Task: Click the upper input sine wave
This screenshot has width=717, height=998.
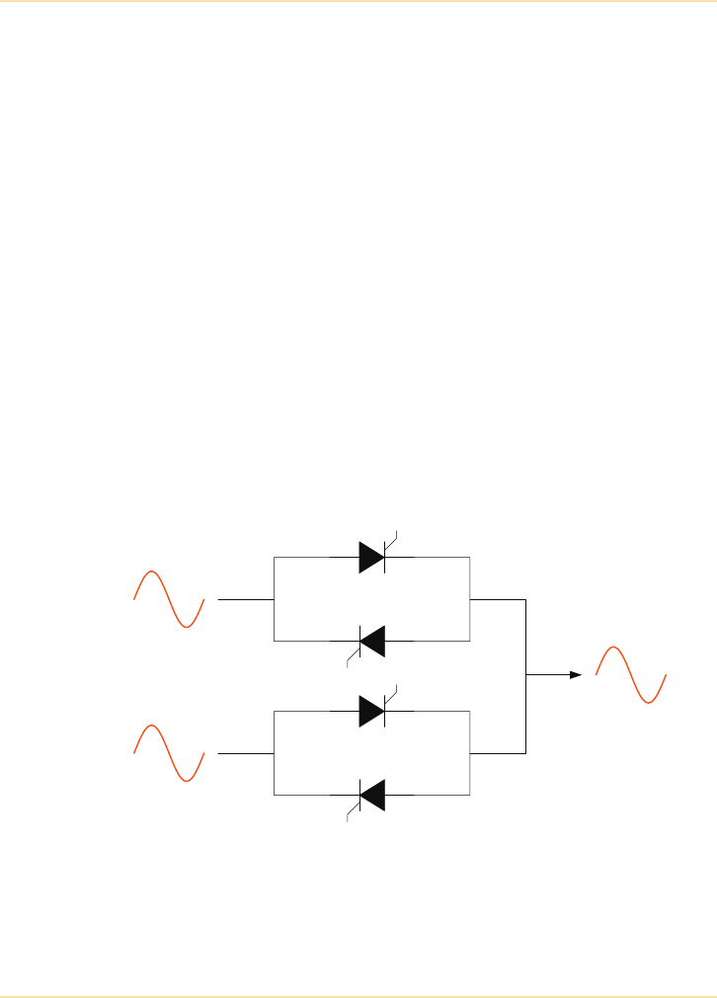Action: coord(169,599)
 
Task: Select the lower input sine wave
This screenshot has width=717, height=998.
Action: coord(169,753)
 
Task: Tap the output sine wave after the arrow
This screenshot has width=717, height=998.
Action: coord(631,674)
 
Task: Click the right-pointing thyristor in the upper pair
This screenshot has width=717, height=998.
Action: coord(371,558)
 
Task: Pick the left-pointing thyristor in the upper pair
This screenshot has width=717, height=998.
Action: coord(371,641)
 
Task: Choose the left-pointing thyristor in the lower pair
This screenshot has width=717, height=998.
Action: coord(371,794)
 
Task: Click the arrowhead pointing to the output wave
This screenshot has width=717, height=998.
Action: coord(575,675)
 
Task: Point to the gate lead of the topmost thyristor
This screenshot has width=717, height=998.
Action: coord(391,539)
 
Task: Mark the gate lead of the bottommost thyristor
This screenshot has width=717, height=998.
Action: coord(352,811)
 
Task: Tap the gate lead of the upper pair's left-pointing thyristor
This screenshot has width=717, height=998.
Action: coord(352,658)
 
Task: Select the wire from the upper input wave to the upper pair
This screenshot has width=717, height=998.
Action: coord(244,599)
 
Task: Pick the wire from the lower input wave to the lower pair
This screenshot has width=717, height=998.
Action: coord(244,753)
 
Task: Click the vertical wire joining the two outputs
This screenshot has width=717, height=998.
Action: coord(526,675)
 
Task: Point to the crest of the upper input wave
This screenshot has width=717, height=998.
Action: coord(151,572)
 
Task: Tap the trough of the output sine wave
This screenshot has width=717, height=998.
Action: coord(650,702)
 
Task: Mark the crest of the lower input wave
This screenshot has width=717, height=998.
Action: coord(151,726)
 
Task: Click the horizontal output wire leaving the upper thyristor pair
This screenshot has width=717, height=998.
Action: coord(499,599)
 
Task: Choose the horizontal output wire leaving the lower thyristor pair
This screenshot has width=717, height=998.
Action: coord(499,753)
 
